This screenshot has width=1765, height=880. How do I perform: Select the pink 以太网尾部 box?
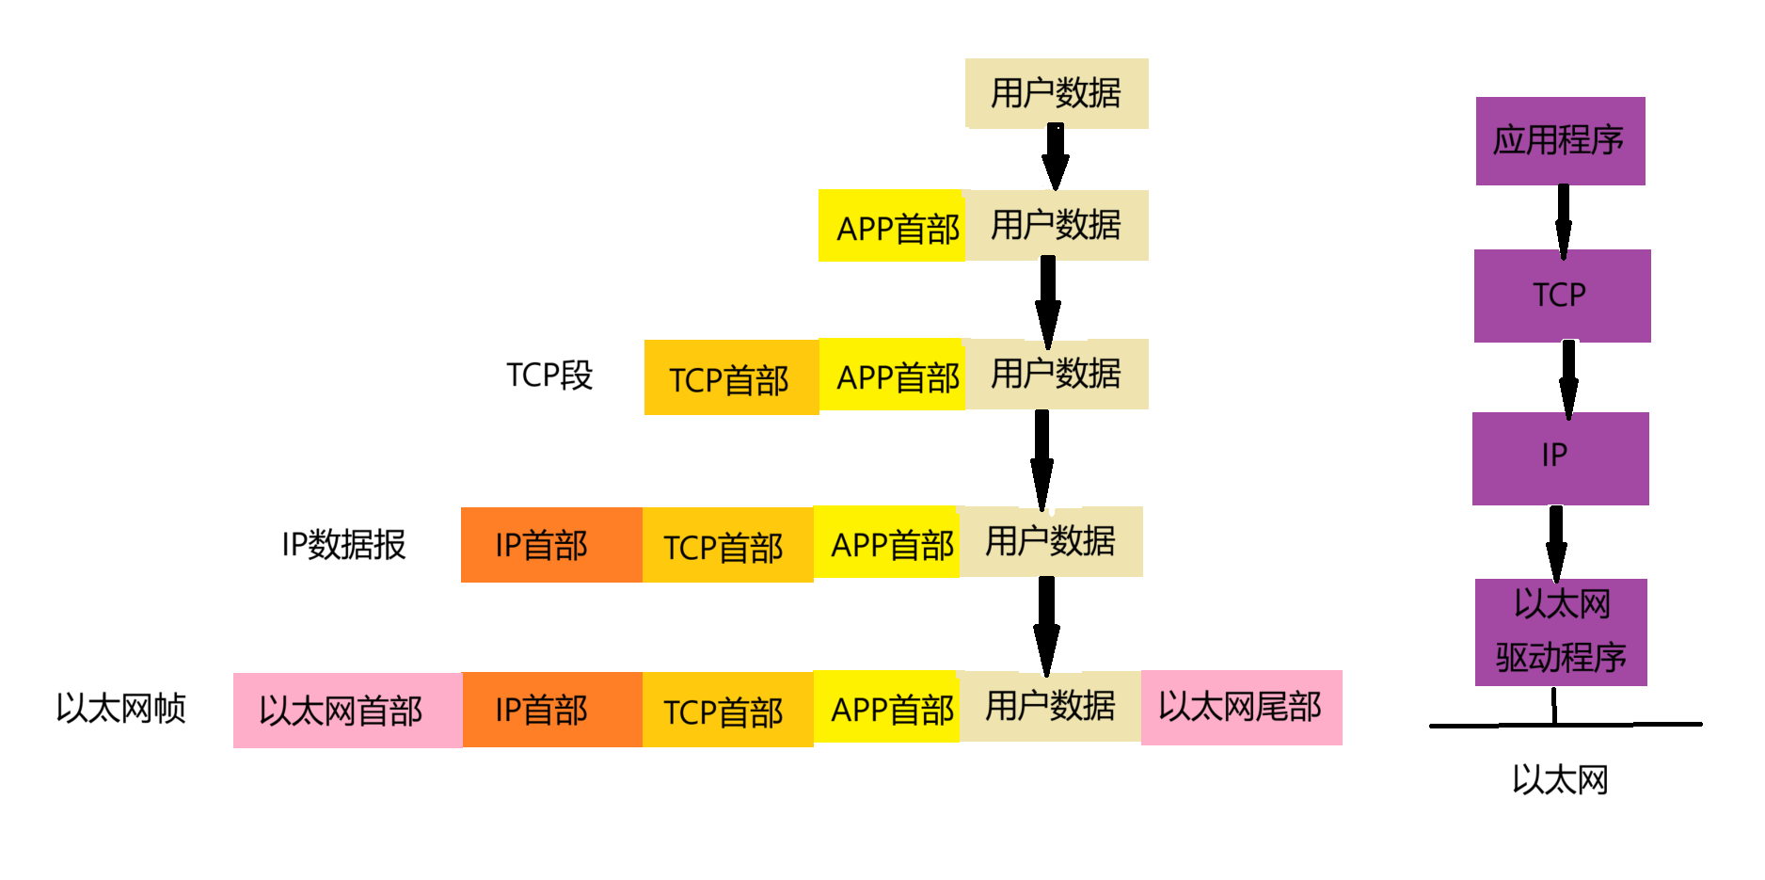(1241, 708)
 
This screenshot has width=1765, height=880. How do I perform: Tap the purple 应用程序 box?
(1560, 141)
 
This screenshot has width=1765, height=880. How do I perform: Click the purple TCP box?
(1562, 296)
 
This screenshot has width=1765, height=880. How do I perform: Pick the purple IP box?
(1560, 458)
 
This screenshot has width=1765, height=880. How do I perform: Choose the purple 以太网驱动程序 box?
(1561, 632)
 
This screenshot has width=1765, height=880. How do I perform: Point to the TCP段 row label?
(549, 376)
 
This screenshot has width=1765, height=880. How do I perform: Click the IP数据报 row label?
(343, 545)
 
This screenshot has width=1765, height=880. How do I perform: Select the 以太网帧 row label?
(121, 709)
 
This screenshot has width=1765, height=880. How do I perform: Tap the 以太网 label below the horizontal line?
(1560, 780)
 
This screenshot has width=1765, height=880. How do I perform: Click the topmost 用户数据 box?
(1057, 93)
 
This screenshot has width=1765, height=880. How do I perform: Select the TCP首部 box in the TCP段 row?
(731, 377)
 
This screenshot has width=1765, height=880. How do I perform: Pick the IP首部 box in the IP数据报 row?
(551, 545)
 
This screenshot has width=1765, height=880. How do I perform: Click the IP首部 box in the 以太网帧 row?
(552, 710)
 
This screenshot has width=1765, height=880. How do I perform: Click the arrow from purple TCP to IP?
(1568, 378)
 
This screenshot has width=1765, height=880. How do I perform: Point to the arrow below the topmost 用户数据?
(1056, 156)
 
